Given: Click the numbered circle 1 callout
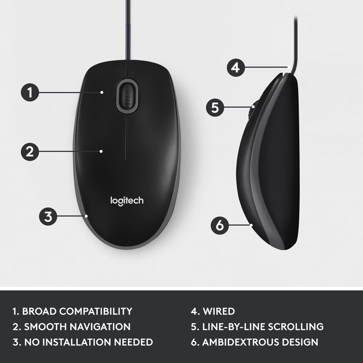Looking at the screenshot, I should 30,92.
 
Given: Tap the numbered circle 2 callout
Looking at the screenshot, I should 30,151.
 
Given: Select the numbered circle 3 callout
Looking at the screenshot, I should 48,217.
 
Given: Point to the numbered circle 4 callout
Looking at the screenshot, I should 235,67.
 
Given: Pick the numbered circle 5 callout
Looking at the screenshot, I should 215,107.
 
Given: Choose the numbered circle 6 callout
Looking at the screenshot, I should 219,225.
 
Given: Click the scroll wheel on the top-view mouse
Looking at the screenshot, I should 127,96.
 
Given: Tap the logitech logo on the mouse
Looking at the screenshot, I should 127,201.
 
